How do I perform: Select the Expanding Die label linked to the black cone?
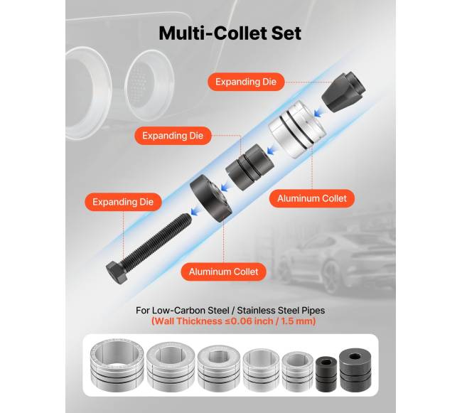click(x=246, y=82)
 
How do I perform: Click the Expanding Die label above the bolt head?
click(x=123, y=202)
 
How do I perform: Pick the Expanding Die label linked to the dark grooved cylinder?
click(x=173, y=136)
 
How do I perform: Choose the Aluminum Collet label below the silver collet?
click(x=312, y=198)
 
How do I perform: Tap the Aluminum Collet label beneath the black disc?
click(x=224, y=272)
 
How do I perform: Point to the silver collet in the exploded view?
click(x=297, y=129)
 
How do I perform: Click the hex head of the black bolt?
click(x=117, y=273)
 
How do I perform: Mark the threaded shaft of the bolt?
click(x=156, y=240)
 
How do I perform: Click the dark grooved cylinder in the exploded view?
click(x=250, y=167)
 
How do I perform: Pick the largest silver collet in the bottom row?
click(x=117, y=365)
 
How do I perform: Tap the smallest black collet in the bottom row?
click(x=326, y=374)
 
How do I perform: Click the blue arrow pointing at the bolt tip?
click(x=195, y=210)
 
